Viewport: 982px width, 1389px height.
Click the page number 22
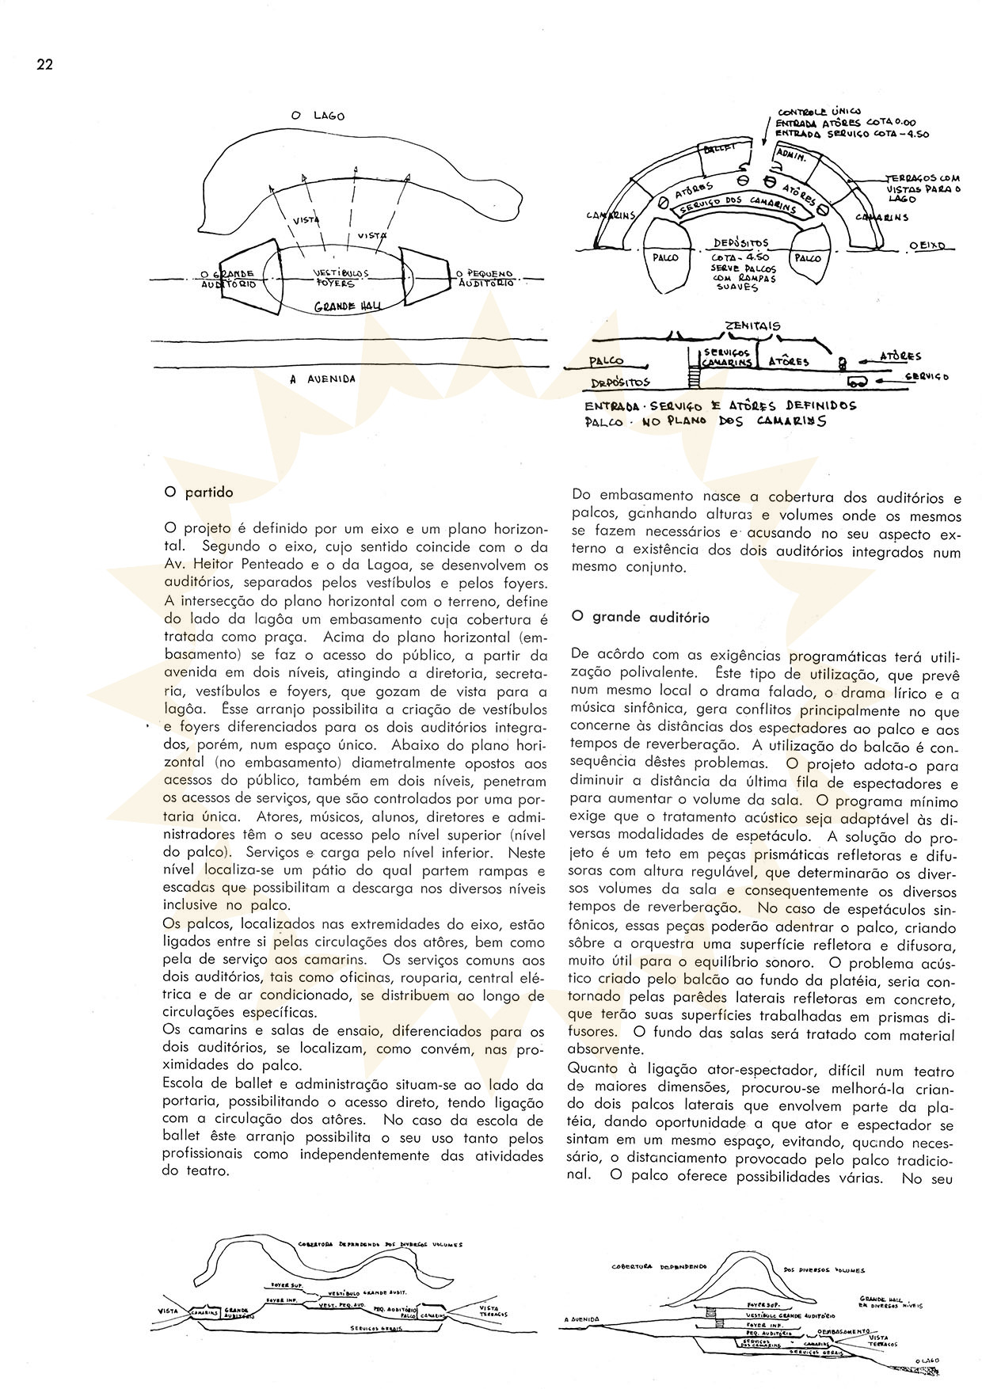(x=44, y=65)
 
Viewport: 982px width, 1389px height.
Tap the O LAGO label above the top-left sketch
(x=324, y=116)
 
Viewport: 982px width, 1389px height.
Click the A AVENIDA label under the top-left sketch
(x=322, y=379)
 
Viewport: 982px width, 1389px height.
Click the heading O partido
(x=199, y=492)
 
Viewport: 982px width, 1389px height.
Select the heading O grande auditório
(x=640, y=618)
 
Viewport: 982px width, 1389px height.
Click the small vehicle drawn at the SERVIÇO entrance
(x=859, y=383)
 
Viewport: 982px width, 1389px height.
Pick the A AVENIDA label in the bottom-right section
(x=584, y=1319)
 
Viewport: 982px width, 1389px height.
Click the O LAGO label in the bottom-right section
(x=927, y=1360)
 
